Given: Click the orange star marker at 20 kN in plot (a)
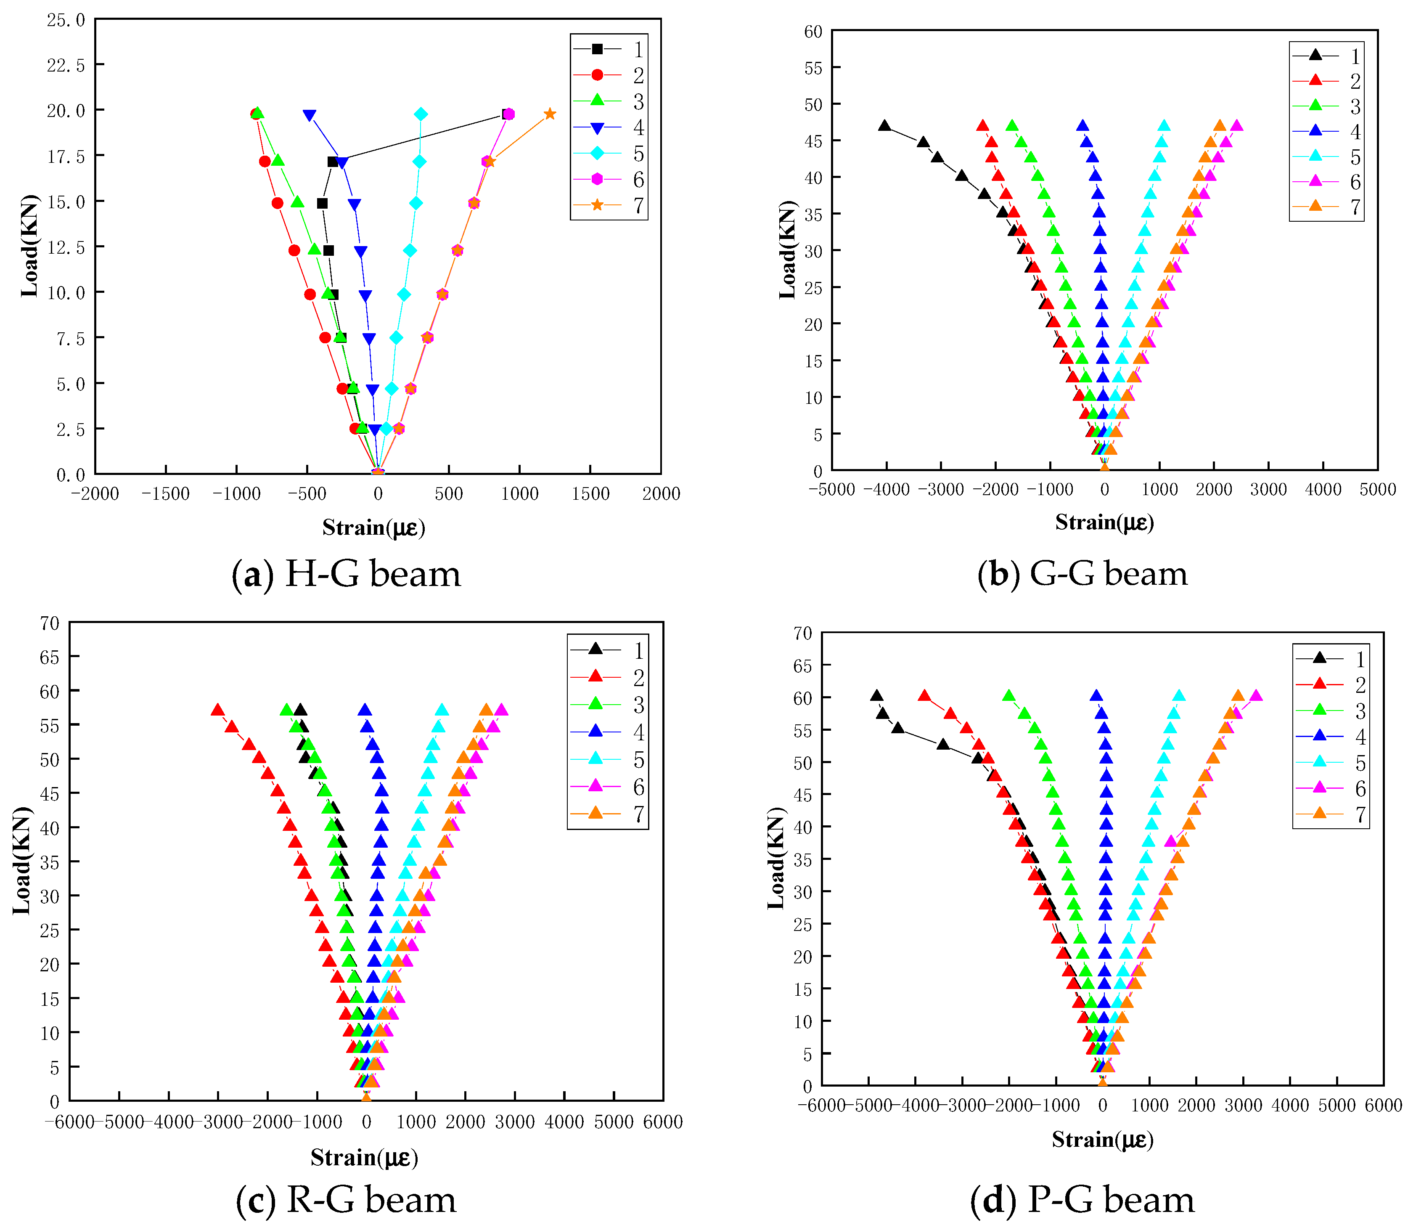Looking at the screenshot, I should click(x=550, y=114).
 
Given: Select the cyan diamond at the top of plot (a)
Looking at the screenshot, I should click(x=421, y=114).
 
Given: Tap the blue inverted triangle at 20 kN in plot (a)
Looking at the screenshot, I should click(x=310, y=116).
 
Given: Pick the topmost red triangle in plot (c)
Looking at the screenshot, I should click(x=217, y=710).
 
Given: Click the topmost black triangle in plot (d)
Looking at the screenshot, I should click(x=876, y=696).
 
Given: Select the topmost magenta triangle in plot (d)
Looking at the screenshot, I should click(x=1256, y=696).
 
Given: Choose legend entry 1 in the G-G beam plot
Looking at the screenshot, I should click(x=1326, y=56).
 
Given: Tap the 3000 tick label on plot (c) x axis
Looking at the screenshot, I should click(x=515, y=1122).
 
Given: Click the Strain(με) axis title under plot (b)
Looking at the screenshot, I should click(x=1104, y=523).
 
